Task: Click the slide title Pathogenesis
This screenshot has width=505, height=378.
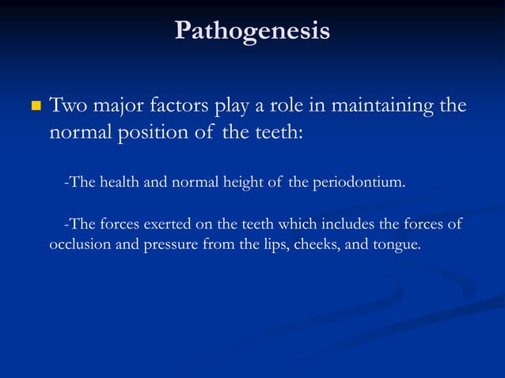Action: coord(252,31)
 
